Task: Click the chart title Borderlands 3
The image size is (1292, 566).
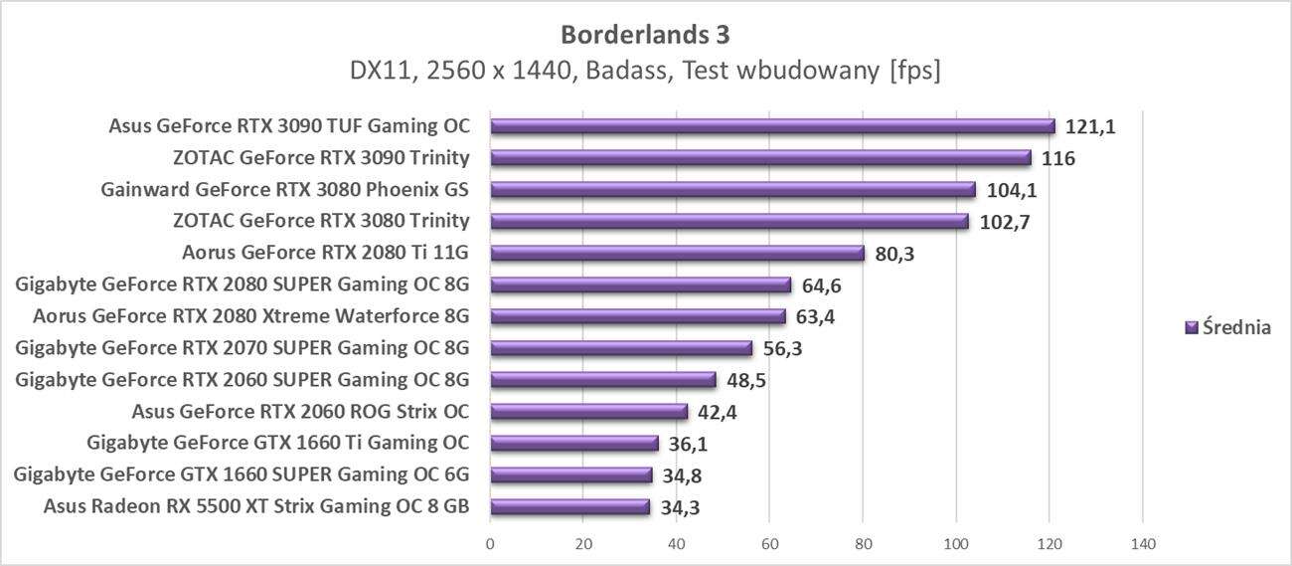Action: (x=645, y=35)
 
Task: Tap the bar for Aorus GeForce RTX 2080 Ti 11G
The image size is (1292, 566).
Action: (x=677, y=253)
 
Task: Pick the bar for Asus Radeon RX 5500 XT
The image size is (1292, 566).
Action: (x=569, y=507)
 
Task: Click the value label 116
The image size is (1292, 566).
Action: (x=1057, y=158)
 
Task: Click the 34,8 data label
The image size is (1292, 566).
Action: (x=682, y=475)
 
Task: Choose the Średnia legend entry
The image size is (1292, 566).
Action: (x=1228, y=327)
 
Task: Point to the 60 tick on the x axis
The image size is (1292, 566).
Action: (x=770, y=544)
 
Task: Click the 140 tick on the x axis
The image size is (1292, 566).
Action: (x=1143, y=544)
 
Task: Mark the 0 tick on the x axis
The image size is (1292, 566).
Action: (x=490, y=544)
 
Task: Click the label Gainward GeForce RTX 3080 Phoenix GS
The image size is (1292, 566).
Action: (x=285, y=189)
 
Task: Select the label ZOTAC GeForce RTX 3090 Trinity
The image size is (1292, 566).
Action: (x=321, y=157)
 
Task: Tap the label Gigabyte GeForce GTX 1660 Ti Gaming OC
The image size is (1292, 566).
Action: (x=278, y=443)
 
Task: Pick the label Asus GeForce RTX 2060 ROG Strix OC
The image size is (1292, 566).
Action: (x=300, y=411)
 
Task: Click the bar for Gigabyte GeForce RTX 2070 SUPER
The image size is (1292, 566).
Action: (x=621, y=348)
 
